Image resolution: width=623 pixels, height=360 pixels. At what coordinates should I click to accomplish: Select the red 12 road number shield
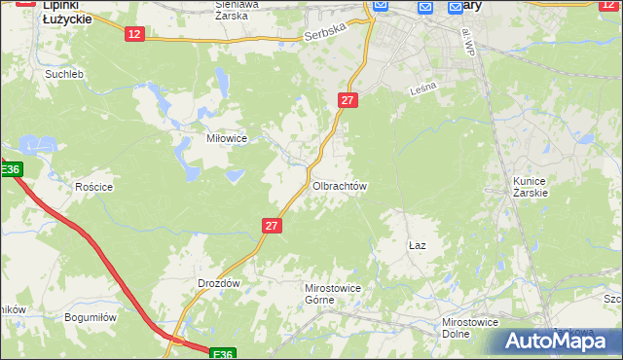coord(135,34)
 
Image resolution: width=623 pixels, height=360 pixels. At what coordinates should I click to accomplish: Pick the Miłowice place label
coord(226,138)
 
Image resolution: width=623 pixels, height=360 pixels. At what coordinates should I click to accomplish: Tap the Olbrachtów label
coord(339,186)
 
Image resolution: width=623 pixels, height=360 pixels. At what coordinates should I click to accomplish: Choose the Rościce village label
coord(94,187)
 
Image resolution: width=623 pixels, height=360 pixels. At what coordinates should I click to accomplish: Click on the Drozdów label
coord(218,283)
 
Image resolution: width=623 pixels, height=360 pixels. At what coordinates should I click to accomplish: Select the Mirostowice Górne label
coord(319,294)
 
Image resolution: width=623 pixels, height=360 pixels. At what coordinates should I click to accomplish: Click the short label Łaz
coord(418,246)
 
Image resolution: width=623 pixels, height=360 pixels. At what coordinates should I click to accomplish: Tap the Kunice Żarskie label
coord(531,187)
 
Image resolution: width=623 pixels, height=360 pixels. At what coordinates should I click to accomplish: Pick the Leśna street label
coord(422,88)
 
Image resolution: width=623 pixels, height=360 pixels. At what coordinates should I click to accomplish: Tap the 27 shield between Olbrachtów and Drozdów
coord(273,226)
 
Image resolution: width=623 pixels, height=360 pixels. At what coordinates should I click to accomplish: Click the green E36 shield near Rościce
coord(10,170)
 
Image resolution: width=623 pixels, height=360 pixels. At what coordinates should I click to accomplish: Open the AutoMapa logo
coord(559,341)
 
